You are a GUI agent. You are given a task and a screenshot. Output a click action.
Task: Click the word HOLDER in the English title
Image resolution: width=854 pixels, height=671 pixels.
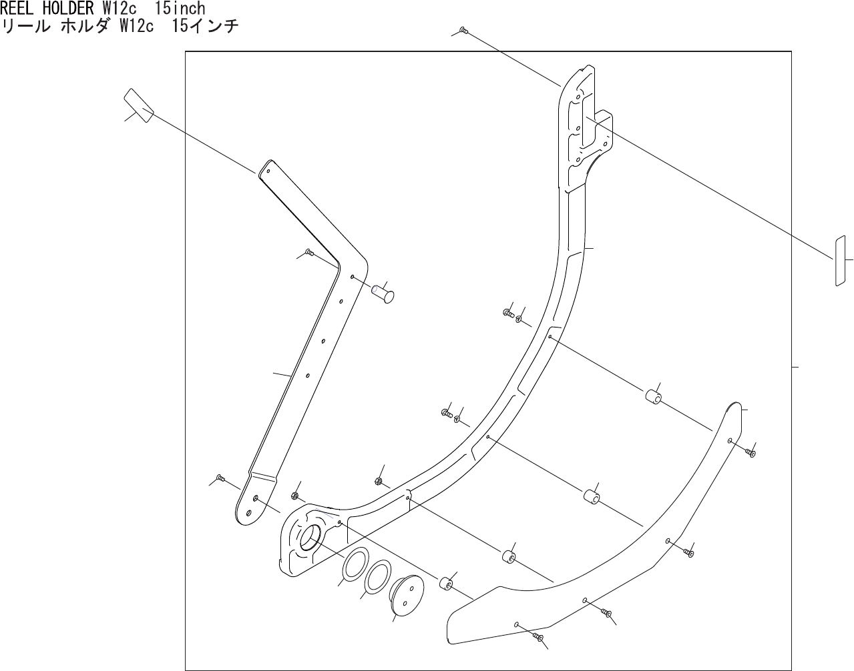[x=70, y=9]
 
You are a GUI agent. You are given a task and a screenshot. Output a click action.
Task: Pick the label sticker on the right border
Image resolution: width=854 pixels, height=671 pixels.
[x=840, y=260]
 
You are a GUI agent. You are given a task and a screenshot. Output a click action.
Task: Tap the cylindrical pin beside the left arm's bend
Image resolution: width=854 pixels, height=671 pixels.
[x=383, y=293]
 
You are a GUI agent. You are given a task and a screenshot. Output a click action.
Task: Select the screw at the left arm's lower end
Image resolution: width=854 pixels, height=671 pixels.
[x=220, y=478]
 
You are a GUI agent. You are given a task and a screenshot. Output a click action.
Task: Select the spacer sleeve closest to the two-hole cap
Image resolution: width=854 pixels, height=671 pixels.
[x=445, y=584]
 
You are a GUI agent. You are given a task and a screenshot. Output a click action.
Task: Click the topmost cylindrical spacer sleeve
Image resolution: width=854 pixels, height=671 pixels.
[x=652, y=398]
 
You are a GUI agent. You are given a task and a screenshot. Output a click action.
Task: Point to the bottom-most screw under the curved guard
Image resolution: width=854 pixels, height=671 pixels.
[x=539, y=638]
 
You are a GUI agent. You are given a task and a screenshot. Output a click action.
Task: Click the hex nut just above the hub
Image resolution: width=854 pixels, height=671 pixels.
[x=294, y=496]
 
